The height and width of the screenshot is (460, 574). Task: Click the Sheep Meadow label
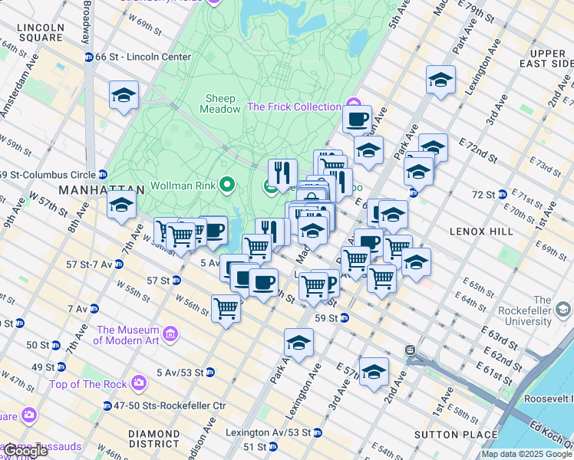pos(220,103)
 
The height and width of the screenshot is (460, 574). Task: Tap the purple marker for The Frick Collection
pos(353,104)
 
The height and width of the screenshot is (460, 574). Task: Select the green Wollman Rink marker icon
pos(226,185)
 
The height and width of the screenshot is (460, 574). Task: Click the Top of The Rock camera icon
pos(138,382)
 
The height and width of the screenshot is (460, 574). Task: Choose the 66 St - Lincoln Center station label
pos(143,57)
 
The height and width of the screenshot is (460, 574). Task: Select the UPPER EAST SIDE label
pos(542,58)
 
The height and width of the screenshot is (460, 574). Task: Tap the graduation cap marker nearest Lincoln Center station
pos(124,96)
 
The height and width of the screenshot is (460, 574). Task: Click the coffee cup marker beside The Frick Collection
pos(357,120)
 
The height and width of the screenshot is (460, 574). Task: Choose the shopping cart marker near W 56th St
pos(226,309)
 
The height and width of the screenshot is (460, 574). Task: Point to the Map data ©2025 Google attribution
pos(526,454)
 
